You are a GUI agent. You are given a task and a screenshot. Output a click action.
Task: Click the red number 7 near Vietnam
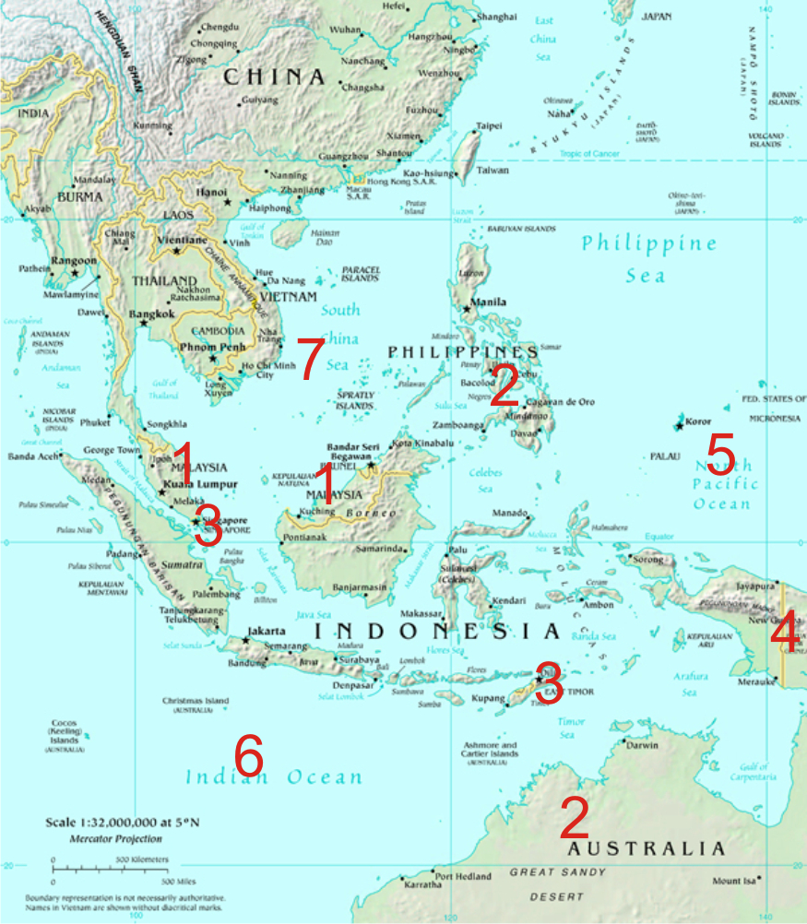click(x=310, y=358)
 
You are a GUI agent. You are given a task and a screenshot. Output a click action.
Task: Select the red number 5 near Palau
click(x=720, y=456)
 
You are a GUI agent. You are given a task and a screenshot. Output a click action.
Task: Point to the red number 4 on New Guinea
click(x=786, y=634)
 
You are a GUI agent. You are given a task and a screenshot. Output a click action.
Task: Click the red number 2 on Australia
click(x=575, y=817)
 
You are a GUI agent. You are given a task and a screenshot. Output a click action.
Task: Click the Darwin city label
click(x=644, y=745)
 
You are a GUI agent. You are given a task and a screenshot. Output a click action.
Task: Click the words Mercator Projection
click(x=115, y=839)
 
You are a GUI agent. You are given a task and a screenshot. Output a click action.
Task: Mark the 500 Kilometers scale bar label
click(x=142, y=859)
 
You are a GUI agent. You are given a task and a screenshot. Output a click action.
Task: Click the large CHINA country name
click(x=274, y=77)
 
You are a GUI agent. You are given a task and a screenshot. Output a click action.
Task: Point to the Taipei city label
click(x=488, y=125)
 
